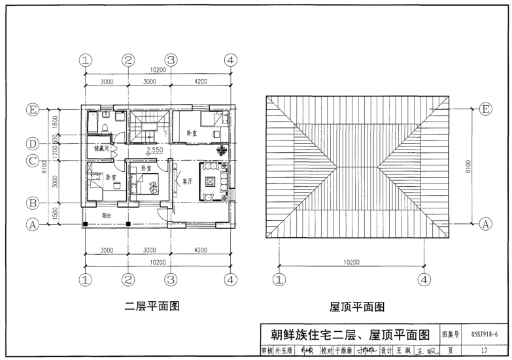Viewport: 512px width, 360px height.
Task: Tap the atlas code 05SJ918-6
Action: (483, 335)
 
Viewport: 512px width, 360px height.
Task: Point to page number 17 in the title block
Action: (483, 350)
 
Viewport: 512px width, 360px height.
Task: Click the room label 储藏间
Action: (101, 148)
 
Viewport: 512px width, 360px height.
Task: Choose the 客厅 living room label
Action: (187, 181)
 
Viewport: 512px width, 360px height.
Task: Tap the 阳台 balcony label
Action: (106, 214)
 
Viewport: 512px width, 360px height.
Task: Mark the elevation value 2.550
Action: (154, 151)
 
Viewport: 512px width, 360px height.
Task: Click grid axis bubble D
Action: (31, 143)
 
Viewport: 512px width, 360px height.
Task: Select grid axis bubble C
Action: (31, 159)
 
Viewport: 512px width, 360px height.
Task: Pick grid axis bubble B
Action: (31, 201)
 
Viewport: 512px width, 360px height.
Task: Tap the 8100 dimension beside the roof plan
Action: (468, 167)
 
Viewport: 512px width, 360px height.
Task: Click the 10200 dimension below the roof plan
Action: (352, 261)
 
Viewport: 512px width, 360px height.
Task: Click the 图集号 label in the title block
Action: (452, 335)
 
